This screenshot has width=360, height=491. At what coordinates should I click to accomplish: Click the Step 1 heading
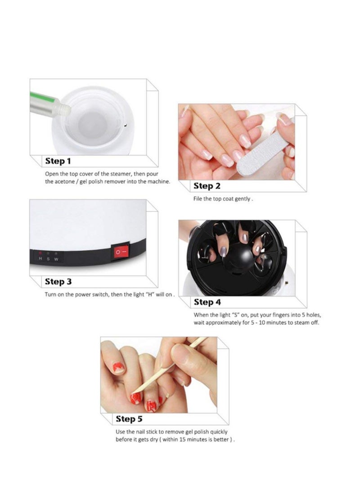click(58, 161)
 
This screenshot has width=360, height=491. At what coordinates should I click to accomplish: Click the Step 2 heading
click(207, 186)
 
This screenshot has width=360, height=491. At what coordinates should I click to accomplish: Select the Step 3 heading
click(58, 282)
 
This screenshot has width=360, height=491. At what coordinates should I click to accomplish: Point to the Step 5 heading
click(129, 419)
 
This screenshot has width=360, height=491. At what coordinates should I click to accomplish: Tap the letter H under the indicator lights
click(40, 259)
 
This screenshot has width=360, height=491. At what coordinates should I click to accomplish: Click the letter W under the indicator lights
click(56, 259)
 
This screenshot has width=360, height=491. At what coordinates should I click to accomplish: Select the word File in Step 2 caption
click(198, 199)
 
